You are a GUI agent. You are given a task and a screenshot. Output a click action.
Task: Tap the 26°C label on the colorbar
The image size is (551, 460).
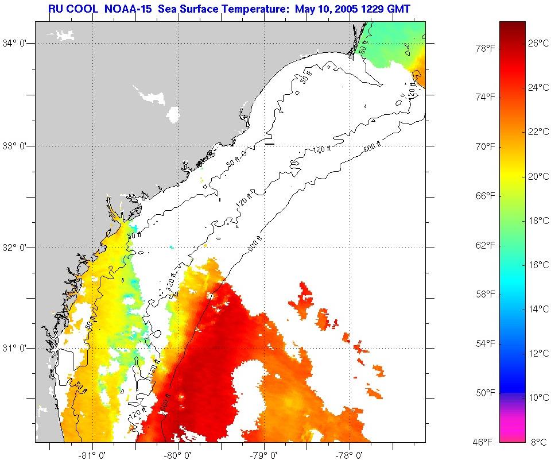(x=538, y=43)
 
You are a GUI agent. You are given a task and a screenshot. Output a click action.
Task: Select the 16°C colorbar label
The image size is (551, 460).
(x=538, y=265)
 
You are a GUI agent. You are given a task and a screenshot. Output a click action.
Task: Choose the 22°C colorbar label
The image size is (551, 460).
(x=538, y=132)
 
